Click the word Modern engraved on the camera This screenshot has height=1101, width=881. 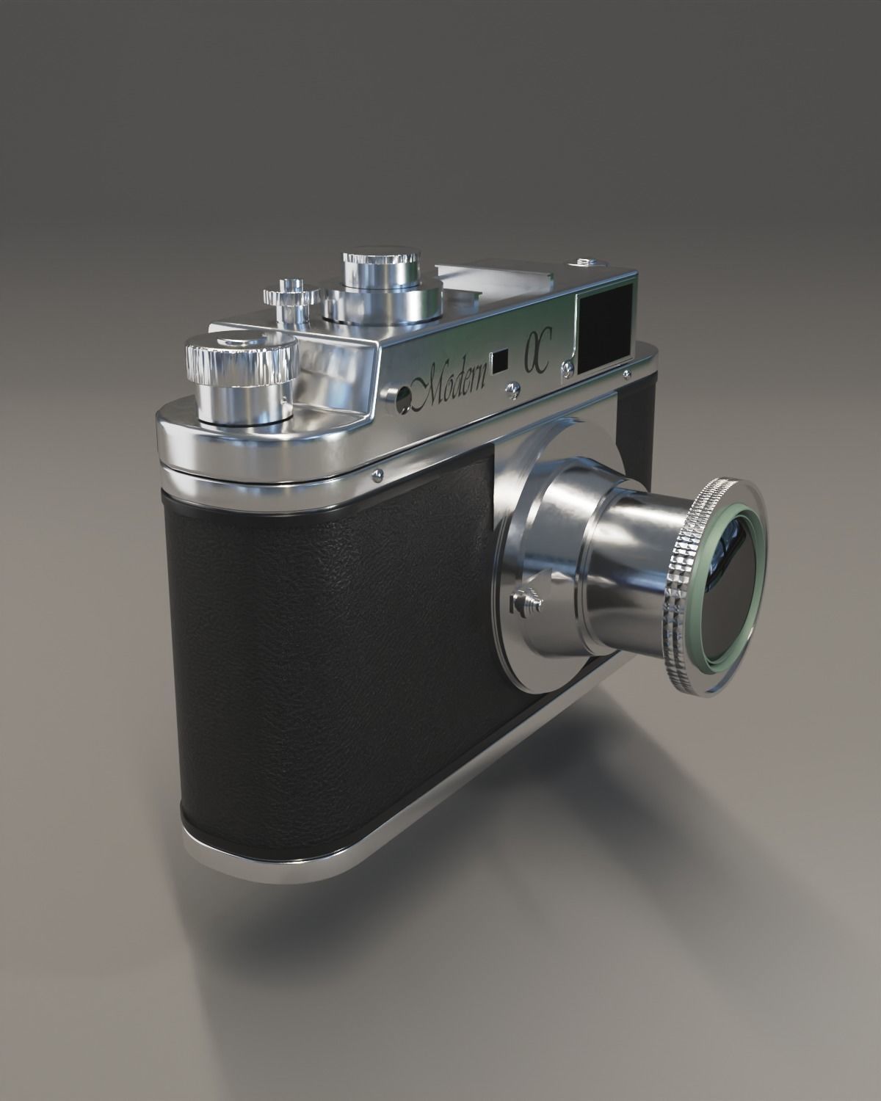452,383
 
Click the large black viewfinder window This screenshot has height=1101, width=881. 605,324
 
